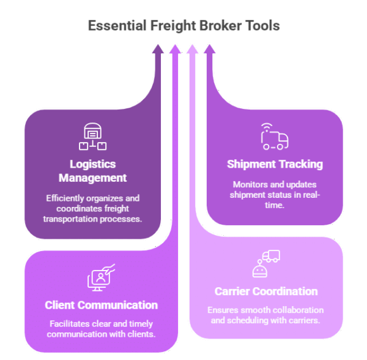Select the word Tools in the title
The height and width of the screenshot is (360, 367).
tap(259, 26)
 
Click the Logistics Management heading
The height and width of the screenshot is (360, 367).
tap(92, 171)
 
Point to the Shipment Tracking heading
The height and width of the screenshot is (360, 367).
tap(275, 164)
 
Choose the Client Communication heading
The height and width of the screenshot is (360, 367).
tap(101, 305)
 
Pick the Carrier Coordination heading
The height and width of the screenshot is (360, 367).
tap(266, 291)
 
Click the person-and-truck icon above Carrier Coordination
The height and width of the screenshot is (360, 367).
tap(266, 264)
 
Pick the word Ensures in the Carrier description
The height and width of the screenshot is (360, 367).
tap(221, 310)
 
